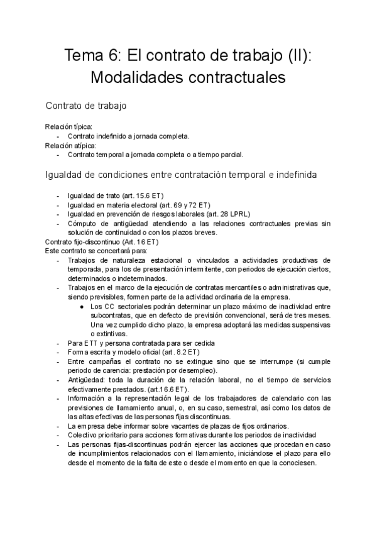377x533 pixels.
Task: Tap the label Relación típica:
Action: click(68, 126)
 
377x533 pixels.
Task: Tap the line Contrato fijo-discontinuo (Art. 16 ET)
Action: click(102, 241)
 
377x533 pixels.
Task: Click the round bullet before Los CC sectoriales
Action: click(82, 306)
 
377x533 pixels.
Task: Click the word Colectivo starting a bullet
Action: click(83, 436)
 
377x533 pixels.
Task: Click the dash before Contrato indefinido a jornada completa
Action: click(58, 136)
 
